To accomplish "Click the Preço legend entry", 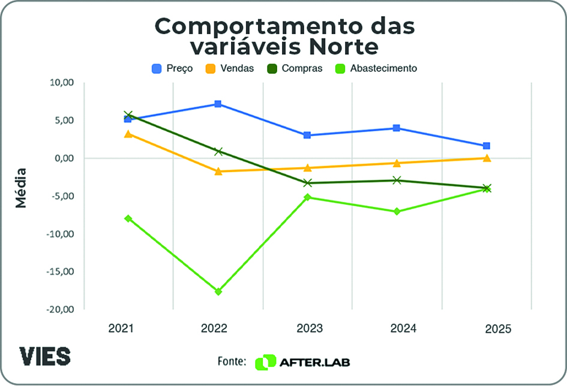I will (172, 68).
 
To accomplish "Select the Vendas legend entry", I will (230, 68).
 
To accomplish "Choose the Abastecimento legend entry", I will (377, 68).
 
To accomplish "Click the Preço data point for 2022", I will (218, 104).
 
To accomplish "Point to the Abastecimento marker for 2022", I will (218, 291).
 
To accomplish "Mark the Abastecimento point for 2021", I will (128, 218).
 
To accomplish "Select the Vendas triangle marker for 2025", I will (487, 158).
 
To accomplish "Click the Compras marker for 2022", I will (218, 151).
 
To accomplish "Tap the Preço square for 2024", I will (397, 128).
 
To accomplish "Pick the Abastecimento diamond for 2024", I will (397, 212).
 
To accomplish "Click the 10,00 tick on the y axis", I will (61, 83).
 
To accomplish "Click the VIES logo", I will (46, 355).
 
